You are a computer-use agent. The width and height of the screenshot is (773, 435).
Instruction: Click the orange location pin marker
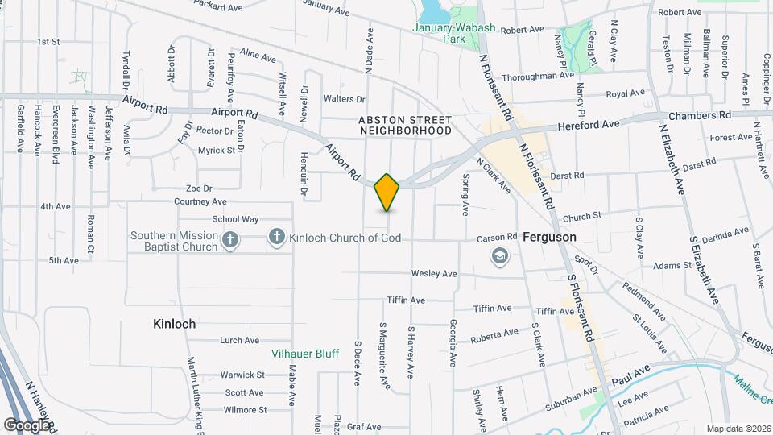click(x=387, y=192)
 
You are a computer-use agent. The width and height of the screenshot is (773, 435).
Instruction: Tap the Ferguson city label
click(x=549, y=238)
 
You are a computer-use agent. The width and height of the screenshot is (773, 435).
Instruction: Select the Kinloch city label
click(x=175, y=324)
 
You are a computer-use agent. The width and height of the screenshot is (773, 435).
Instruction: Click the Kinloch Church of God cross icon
click(x=276, y=237)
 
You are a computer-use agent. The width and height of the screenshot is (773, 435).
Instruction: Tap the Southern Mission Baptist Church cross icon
click(x=230, y=240)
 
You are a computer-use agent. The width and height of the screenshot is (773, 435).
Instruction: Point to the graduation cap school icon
click(x=500, y=257)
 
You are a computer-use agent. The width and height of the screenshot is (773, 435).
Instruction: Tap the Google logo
click(x=27, y=425)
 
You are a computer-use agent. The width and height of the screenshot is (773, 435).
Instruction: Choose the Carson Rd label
click(x=496, y=238)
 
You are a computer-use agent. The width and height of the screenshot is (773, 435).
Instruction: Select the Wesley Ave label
click(x=434, y=274)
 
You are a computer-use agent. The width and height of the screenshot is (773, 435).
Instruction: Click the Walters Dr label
click(x=344, y=99)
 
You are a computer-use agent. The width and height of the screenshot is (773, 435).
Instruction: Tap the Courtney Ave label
click(x=200, y=201)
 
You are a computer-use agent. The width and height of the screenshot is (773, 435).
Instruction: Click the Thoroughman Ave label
click(x=537, y=77)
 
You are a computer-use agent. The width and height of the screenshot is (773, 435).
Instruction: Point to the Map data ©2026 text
click(x=738, y=429)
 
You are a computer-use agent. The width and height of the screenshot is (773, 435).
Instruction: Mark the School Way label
click(x=235, y=219)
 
